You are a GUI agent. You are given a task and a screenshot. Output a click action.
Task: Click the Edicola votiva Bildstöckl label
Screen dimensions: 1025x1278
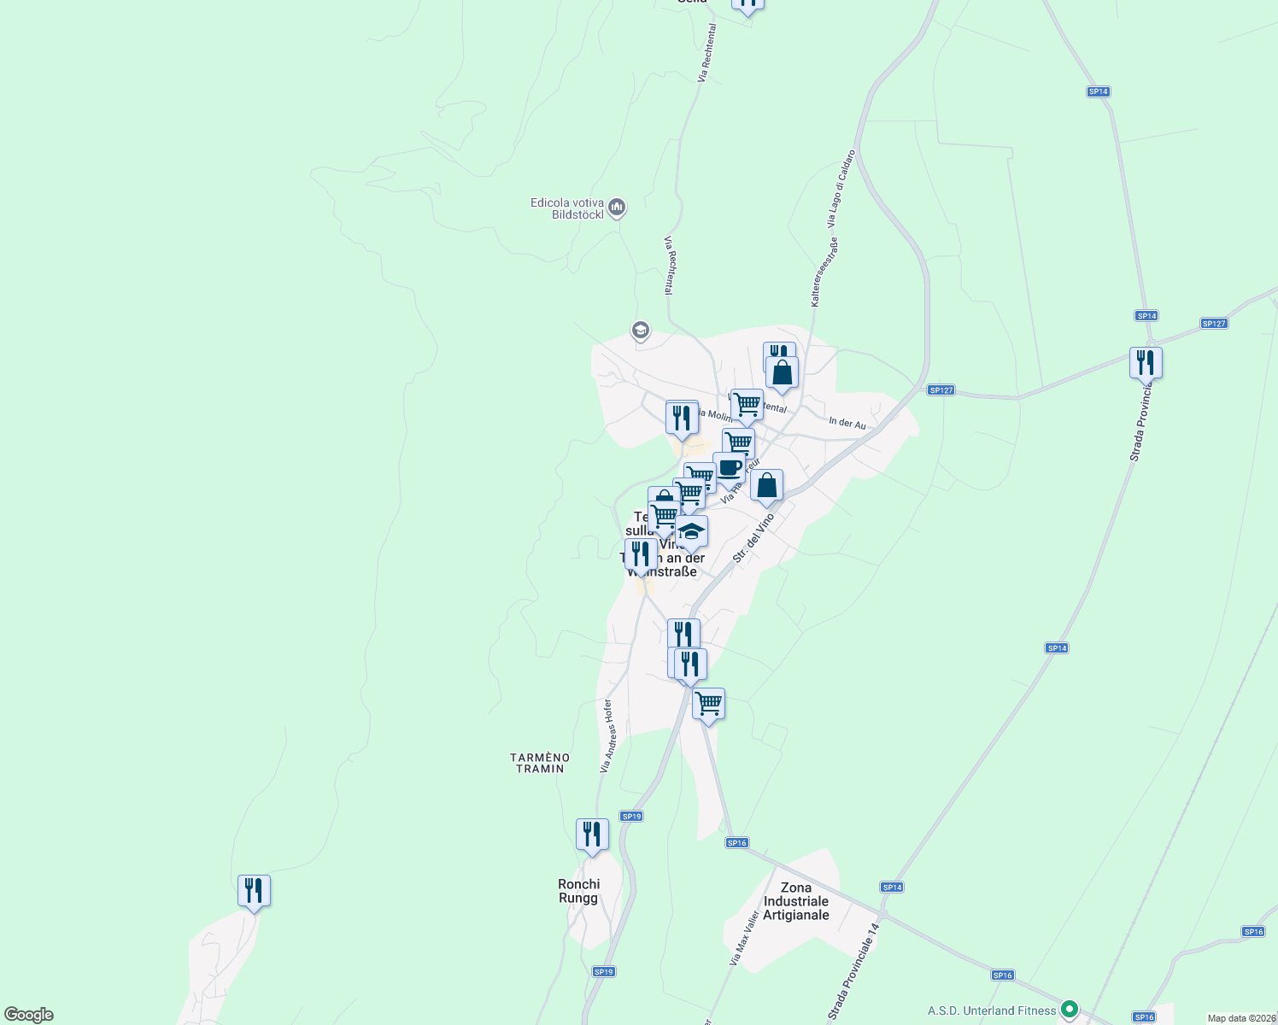tap(566, 208)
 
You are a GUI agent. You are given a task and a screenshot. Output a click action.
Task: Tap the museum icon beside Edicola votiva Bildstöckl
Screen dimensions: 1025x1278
tap(617, 208)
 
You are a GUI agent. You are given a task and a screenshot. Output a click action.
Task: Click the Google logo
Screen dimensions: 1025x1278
tap(29, 1015)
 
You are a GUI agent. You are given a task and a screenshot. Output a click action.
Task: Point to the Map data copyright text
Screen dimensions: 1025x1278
tap(1240, 1018)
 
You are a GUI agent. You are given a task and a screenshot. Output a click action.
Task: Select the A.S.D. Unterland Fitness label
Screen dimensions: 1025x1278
tap(992, 1010)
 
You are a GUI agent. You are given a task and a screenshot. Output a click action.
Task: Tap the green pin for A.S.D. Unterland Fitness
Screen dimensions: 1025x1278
tap(1070, 1010)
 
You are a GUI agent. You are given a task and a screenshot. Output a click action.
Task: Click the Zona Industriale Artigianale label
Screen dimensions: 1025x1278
tap(796, 901)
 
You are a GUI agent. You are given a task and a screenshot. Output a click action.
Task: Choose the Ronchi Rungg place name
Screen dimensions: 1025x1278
tap(579, 891)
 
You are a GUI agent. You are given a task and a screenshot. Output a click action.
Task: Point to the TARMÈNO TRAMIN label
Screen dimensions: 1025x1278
tap(540, 763)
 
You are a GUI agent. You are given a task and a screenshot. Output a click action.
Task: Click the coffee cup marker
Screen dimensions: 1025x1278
tap(730, 468)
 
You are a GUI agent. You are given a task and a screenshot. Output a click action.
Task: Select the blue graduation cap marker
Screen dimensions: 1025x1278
tap(691, 531)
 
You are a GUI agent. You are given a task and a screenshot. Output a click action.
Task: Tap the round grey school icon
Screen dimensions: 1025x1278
tap(640, 330)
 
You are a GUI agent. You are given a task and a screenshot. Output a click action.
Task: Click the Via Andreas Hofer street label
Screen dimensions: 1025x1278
tap(607, 736)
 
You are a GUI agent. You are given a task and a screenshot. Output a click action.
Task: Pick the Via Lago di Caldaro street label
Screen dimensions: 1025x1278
tap(841, 188)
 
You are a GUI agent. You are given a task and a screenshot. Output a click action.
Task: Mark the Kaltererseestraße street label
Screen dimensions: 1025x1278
tap(824, 272)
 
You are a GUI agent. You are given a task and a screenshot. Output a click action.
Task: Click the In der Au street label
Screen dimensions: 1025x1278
tap(847, 423)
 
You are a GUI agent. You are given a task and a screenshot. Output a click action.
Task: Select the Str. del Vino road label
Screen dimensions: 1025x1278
tap(753, 538)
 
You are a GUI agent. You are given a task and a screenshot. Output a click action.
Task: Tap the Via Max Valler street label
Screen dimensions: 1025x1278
tap(744, 938)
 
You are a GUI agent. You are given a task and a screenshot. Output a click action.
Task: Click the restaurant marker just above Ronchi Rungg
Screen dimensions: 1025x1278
tap(592, 835)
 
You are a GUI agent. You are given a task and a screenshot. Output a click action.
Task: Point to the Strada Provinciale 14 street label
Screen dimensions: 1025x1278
tap(853, 972)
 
